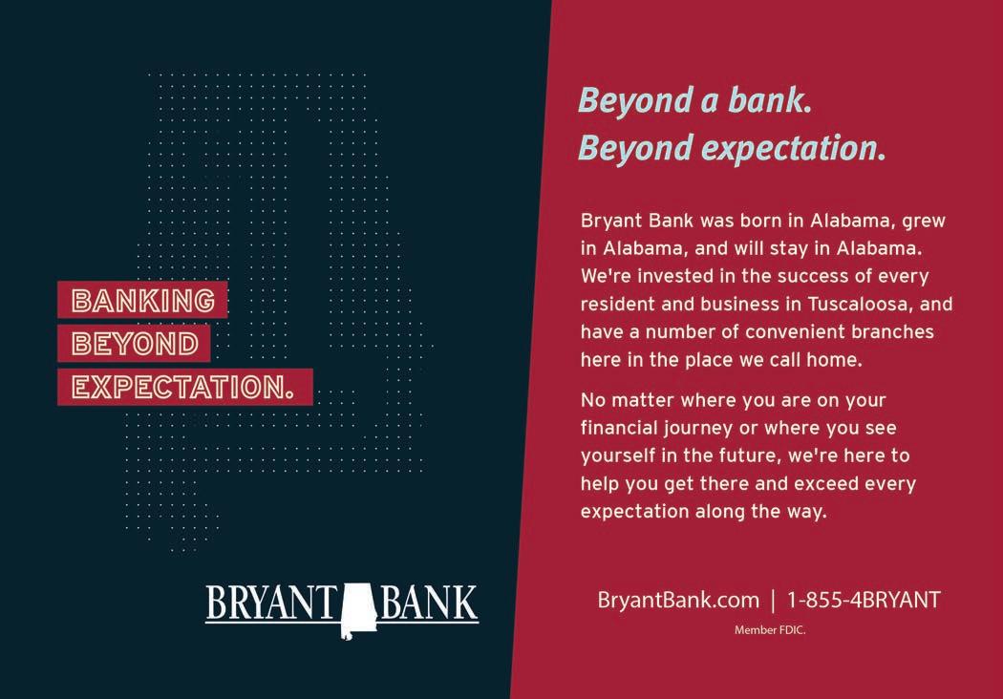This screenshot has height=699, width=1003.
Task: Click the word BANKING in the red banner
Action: click(x=143, y=301)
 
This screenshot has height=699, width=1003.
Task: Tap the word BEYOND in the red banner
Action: click(x=135, y=344)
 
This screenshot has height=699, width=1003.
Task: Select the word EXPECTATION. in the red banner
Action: click(x=183, y=388)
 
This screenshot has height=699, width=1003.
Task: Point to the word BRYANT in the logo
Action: click(x=272, y=604)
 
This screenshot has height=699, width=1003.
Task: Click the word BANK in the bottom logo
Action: click(x=429, y=604)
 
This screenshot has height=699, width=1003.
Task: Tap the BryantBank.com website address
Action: click(x=678, y=601)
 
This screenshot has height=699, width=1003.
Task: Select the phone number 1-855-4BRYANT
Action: click(x=864, y=601)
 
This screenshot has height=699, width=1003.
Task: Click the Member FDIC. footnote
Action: click(x=770, y=630)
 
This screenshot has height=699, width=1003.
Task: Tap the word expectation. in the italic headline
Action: click(x=795, y=148)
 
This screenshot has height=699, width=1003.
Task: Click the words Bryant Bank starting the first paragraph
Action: click(x=637, y=222)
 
